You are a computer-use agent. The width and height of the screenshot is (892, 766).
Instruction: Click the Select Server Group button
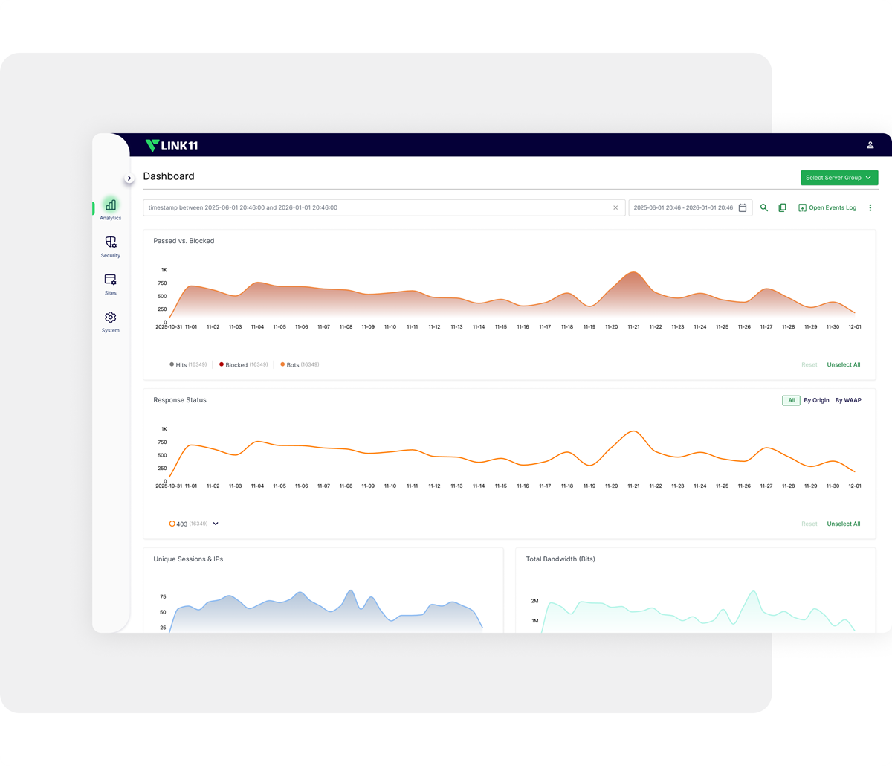coord(839,178)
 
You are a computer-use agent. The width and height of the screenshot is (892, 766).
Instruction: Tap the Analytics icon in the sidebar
coord(111,205)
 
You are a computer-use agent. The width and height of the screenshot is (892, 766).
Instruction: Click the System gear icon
coord(111,318)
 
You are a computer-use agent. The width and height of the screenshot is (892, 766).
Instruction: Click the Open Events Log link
coord(827,207)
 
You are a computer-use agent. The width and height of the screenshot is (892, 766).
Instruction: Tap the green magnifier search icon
coord(763,207)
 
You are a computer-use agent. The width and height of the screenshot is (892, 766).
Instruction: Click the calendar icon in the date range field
coord(742,207)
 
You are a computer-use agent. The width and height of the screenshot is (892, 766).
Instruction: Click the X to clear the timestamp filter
coord(615,207)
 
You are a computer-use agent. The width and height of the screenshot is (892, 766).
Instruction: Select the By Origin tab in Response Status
coord(816,400)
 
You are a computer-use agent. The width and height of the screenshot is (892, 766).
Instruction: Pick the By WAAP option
coord(848,400)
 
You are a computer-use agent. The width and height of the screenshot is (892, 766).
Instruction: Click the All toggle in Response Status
coord(791,400)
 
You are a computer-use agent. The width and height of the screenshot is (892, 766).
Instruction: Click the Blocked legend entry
coord(236,364)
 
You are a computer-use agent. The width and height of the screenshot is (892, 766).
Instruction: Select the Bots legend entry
coord(292,364)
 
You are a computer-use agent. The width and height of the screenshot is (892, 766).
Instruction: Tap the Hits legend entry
coord(181,364)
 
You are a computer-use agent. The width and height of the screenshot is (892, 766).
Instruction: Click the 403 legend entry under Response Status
coord(181,524)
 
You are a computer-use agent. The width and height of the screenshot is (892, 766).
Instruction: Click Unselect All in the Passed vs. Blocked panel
coord(843,364)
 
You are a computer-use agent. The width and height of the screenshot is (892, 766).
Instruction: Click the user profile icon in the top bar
coord(870,145)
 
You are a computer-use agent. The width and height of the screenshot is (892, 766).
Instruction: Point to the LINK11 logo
coord(172,145)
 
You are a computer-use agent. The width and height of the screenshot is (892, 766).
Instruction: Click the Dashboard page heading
coord(169,176)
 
